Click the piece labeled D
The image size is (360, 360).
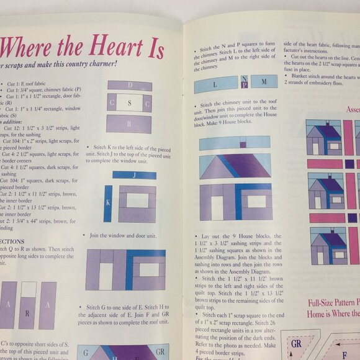click(129, 86)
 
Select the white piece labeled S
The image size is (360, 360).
click(129, 103)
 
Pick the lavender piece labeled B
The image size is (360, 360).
click(129, 123)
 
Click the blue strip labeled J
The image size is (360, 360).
click(134, 175)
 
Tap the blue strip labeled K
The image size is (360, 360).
click(108, 203)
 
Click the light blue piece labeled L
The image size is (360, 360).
click(215, 84)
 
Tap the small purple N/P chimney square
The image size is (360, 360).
click(245, 81)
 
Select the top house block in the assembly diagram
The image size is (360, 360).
click(323, 138)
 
